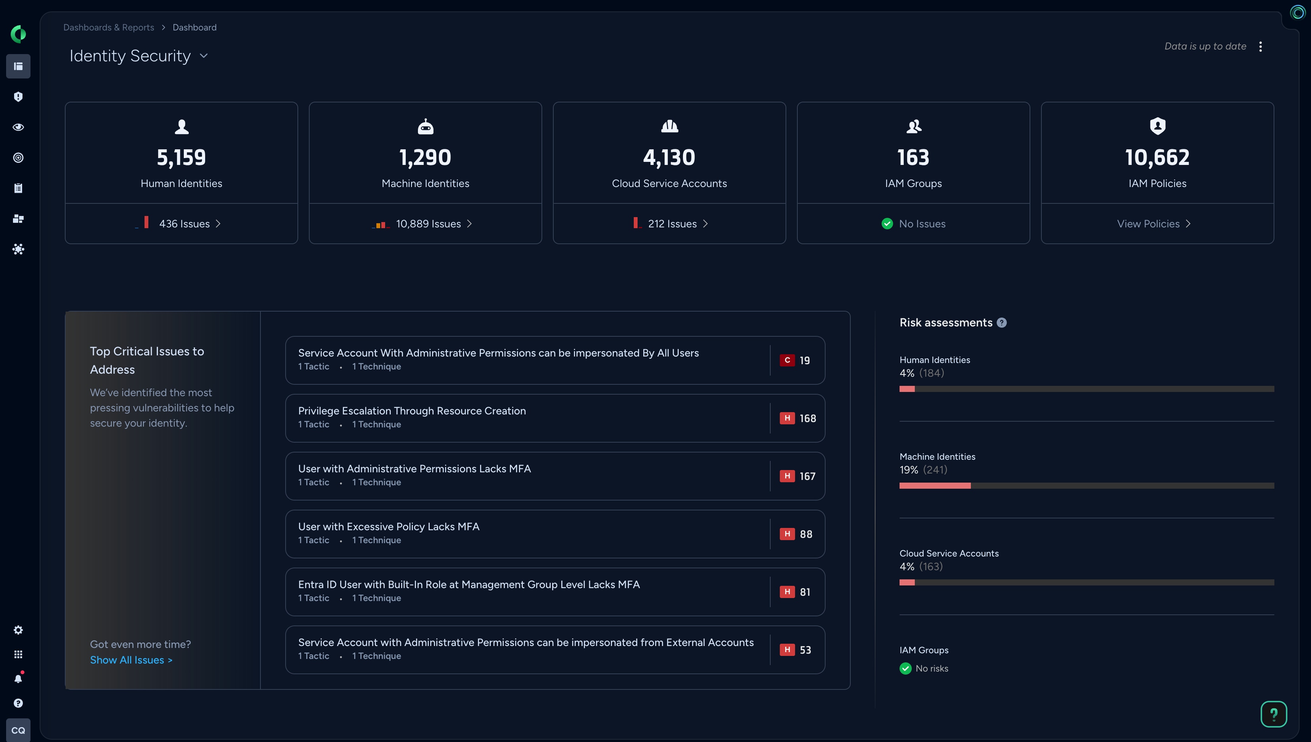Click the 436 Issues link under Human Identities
184,224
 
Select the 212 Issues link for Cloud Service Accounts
672,224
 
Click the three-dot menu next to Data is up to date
1261,46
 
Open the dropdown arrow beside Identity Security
204,56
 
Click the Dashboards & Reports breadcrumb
109,27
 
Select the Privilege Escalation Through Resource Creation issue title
412,411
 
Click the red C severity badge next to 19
787,360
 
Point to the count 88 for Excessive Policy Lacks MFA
806,534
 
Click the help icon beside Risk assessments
1002,323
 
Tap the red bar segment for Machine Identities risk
935,486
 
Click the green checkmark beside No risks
905,668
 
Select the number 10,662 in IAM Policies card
1157,157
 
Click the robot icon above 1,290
426,126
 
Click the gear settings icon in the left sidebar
18,630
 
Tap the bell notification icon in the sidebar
18,678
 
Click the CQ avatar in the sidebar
18,730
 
